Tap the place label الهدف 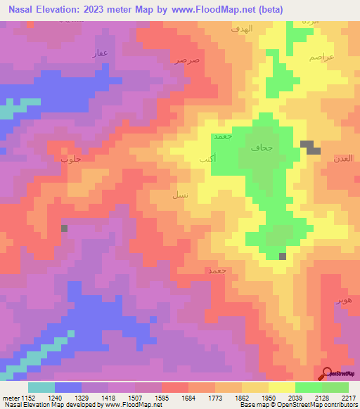[x=241, y=30]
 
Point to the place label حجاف [x=261, y=148]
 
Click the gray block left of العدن [x=310, y=147]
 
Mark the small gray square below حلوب [x=64, y=228]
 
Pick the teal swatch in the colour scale [x=41, y=387]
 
